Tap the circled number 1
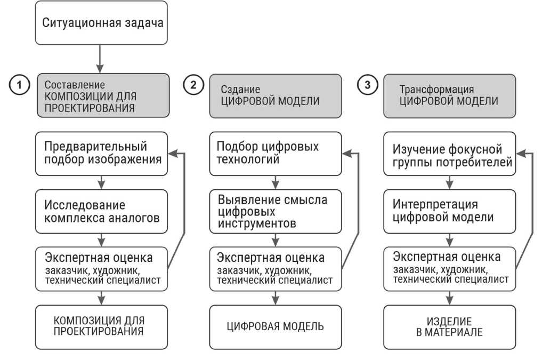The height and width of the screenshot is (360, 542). click(19, 85)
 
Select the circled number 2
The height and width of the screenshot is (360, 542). click(193, 85)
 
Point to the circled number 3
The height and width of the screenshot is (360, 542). click(367, 85)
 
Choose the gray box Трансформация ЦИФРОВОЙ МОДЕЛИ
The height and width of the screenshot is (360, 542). click(450, 95)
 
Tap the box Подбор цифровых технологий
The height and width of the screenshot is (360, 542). click(275, 153)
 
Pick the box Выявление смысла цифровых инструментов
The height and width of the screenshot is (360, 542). click(275, 211)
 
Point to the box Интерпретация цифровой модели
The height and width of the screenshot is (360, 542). click(450, 211)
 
